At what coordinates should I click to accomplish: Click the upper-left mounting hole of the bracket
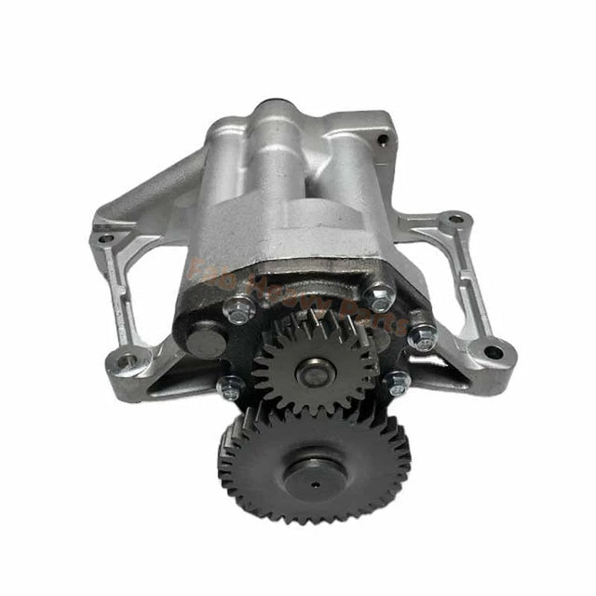105,237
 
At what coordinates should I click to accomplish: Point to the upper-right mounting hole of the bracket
454,220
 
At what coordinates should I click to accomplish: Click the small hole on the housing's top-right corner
382,140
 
